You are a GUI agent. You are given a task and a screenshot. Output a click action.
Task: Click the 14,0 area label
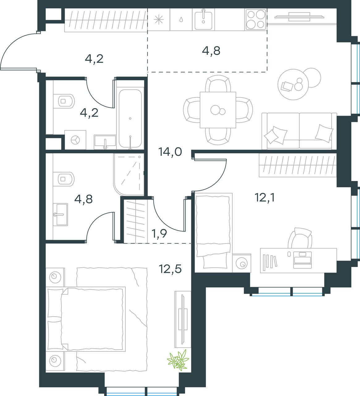(170, 152)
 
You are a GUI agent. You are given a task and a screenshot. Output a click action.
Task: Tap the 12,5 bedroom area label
(170, 269)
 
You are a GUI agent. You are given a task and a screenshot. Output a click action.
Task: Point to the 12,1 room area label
(265, 197)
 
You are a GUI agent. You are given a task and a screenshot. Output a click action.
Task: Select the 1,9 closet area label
(159, 234)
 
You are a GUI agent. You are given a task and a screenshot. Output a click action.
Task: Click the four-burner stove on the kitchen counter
(256, 19)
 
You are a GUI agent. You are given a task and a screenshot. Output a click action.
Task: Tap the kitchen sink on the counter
(203, 19)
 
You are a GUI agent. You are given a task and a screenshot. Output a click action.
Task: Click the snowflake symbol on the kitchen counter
(159, 19)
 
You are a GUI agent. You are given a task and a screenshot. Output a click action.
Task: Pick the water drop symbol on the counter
(181, 19)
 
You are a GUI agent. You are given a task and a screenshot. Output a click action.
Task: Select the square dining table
(218, 110)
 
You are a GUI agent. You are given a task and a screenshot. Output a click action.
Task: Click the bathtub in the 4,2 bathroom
(130, 119)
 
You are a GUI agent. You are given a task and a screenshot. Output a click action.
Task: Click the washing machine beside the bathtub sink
(75, 140)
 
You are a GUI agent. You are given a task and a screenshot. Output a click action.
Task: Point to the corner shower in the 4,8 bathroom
(129, 174)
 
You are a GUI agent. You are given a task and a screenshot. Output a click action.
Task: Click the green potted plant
(178, 360)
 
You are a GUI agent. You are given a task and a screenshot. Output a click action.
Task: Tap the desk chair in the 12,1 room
(300, 238)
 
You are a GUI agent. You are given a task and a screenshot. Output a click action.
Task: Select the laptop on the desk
(303, 260)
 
